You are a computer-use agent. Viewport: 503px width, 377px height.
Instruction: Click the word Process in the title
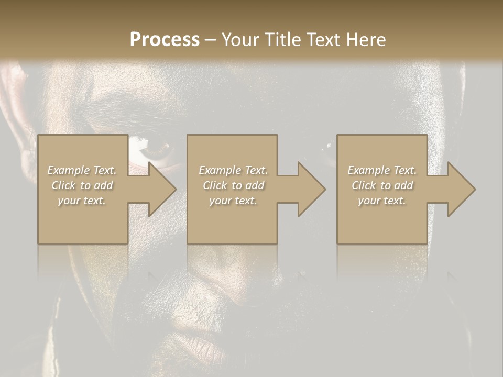coord(165,40)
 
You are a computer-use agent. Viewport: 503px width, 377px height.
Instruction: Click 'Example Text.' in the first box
coord(82,170)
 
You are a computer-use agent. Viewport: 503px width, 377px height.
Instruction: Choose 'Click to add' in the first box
coord(82,185)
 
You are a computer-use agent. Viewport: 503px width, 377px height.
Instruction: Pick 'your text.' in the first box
coord(82,201)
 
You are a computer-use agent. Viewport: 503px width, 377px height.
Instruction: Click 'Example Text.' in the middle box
coord(233,170)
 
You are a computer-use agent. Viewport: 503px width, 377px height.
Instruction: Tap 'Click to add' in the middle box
coord(233,185)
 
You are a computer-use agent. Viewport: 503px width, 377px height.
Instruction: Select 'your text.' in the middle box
coord(233,201)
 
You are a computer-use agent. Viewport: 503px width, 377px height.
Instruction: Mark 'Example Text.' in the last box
coord(382,170)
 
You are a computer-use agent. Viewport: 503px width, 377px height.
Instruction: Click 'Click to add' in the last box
coord(382,185)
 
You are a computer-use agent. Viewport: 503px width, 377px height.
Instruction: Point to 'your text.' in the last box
coord(382,201)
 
